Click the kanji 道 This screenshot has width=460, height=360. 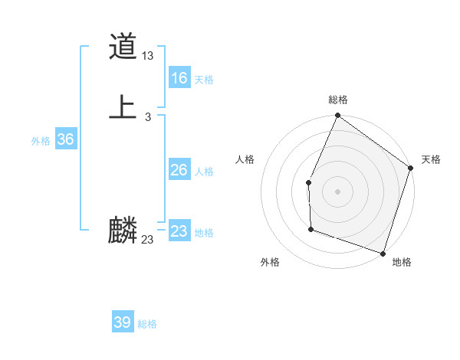click(x=123, y=47)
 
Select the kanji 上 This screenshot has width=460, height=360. click(x=123, y=106)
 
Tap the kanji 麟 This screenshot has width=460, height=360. click(x=123, y=231)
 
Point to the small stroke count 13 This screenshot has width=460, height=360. click(x=147, y=56)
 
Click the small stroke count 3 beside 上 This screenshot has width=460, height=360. click(x=147, y=116)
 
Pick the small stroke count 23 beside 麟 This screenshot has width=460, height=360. click(x=147, y=240)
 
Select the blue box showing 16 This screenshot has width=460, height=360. click(x=179, y=78)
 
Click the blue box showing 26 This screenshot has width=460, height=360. click(x=179, y=170)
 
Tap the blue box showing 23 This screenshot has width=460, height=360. click(x=179, y=231)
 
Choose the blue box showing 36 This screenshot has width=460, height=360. click(x=65, y=139)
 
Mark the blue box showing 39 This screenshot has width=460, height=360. click(x=123, y=322)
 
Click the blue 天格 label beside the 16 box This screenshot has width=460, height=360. click(x=204, y=80)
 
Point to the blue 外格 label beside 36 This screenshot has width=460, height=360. click(x=41, y=141)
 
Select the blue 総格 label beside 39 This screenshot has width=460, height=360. click(x=147, y=324)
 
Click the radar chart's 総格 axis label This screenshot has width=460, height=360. click(x=338, y=100)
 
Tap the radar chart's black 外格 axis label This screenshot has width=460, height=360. click(x=270, y=262)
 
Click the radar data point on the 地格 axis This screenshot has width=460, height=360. click(x=383, y=253)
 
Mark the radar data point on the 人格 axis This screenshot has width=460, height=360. click(x=308, y=182)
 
